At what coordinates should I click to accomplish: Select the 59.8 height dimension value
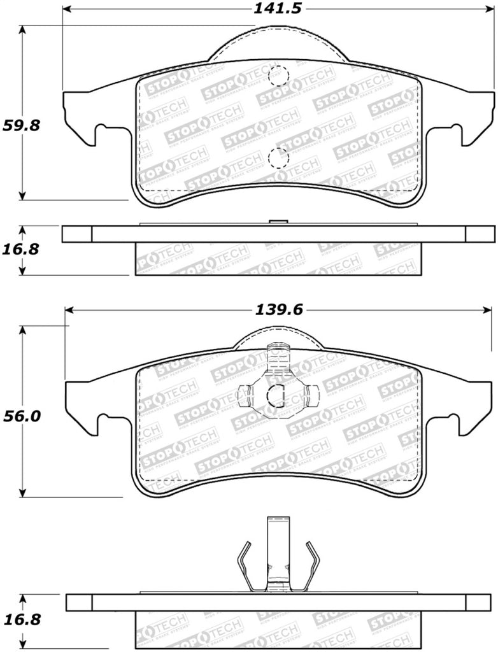(x=22, y=125)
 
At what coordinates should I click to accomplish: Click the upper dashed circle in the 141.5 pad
(x=278, y=76)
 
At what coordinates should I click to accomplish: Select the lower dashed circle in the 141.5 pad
(x=278, y=157)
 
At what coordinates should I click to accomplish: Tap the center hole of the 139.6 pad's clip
(x=276, y=396)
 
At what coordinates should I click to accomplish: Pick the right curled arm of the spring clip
(x=311, y=563)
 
